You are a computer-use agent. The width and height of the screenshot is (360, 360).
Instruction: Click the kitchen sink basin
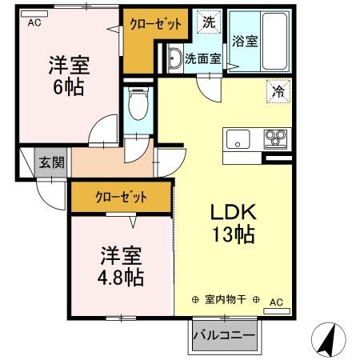[238, 139]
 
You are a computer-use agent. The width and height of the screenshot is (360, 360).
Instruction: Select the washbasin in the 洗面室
[175, 58]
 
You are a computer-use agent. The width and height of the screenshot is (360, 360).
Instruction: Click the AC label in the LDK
[276, 302]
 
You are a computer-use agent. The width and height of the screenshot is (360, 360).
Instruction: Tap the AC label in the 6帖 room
[34, 22]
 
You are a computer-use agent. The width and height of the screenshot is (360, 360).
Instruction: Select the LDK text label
[232, 213]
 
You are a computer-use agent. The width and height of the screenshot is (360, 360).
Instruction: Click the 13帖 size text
[233, 236]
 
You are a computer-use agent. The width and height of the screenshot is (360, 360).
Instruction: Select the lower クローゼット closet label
[121, 197]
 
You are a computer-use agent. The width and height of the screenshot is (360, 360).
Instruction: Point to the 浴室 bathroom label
[245, 42]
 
